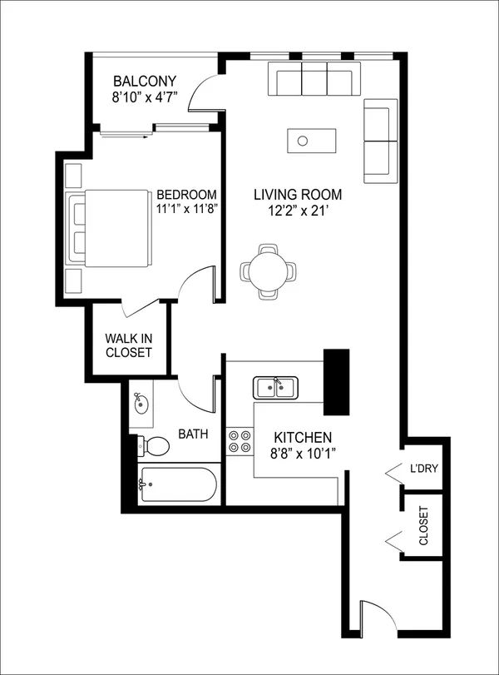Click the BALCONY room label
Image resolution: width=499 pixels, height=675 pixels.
point(145,81)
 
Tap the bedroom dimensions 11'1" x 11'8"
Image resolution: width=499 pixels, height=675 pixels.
point(186,209)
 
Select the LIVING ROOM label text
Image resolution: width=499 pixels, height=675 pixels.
point(298,195)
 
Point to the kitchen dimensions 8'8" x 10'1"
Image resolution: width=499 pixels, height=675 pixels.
point(303,454)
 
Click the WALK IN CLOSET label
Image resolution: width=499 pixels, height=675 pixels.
point(129,345)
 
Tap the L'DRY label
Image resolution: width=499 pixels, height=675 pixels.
point(423,468)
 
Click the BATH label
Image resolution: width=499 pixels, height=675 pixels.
point(193,434)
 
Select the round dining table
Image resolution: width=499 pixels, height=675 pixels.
point(268,271)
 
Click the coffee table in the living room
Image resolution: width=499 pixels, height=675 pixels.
point(312,141)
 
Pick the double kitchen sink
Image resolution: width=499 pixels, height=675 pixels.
point(275,387)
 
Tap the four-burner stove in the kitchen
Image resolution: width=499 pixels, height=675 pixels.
point(240,441)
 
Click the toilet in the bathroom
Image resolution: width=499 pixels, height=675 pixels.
point(153,446)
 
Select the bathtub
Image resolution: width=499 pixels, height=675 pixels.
point(177,484)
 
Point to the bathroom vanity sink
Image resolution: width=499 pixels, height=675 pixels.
point(141,404)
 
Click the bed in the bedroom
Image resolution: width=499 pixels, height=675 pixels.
point(108,228)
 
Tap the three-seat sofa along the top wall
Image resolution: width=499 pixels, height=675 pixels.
point(314,79)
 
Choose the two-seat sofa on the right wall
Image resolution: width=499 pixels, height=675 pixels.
point(381,141)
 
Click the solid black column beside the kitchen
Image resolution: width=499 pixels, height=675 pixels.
point(336,382)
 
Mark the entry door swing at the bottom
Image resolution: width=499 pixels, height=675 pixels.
point(378,616)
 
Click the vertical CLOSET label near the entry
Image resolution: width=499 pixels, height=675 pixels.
point(423,526)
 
